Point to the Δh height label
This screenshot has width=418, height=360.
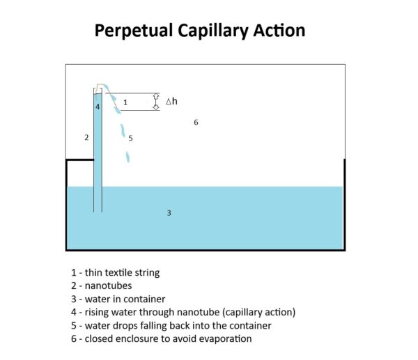tap(171, 102)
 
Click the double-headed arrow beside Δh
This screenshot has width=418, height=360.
tap(156, 102)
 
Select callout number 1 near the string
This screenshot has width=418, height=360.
tap(125, 102)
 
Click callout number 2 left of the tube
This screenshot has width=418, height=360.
tap(86, 138)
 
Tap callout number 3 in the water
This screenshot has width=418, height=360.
tap(169, 213)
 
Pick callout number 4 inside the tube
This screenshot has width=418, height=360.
tap(98, 107)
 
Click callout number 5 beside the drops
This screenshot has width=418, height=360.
tap(130, 139)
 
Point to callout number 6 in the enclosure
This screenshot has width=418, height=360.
tap(196, 123)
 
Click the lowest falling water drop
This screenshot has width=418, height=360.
tap(127, 157)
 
